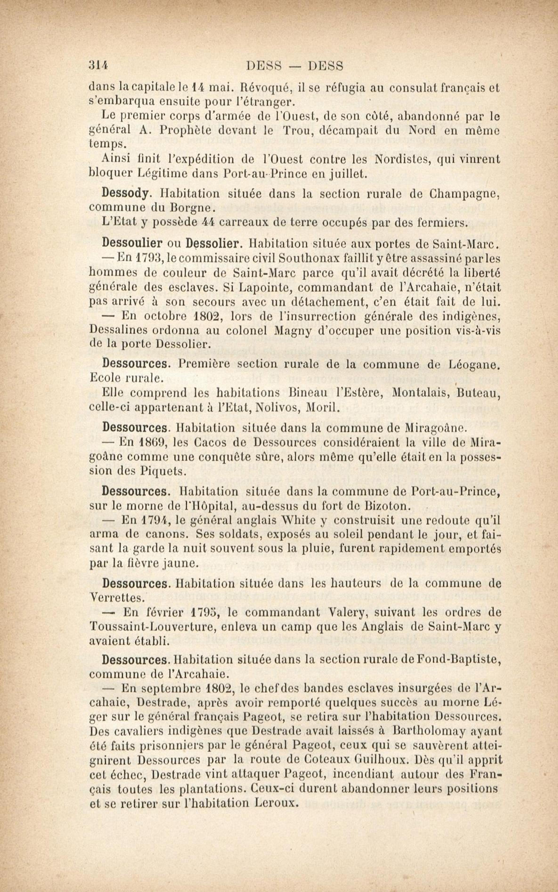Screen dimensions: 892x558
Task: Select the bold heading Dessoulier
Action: (x=132, y=243)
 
